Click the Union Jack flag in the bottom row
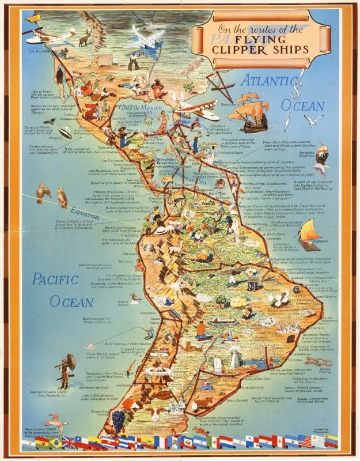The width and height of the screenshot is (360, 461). point(69,443)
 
